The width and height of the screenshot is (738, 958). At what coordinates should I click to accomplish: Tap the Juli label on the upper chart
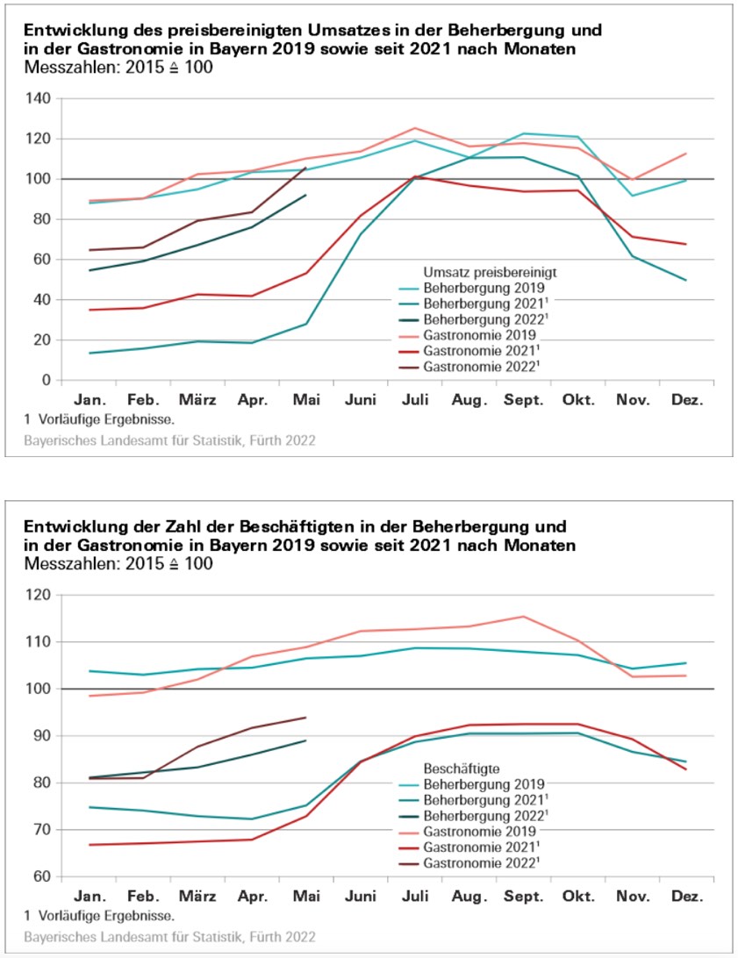click(x=414, y=400)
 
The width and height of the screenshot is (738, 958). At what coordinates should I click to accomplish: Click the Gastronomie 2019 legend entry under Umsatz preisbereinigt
click(x=473, y=335)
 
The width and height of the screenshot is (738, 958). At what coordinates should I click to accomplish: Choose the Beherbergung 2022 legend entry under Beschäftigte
click(x=477, y=815)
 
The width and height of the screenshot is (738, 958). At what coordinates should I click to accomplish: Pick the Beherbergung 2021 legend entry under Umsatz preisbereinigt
click(x=477, y=303)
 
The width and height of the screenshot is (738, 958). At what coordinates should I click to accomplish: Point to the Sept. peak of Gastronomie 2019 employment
click(x=523, y=616)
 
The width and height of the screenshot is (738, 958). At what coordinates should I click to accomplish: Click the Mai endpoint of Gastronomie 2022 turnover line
click(x=305, y=168)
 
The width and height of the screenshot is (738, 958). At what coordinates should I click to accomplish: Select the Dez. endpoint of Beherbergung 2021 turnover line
click(x=686, y=281)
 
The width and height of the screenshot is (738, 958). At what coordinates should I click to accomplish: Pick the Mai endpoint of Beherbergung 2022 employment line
click(x=305, y=740)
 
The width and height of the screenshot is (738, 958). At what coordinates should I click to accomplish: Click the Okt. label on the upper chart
click(x=577, y=400)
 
